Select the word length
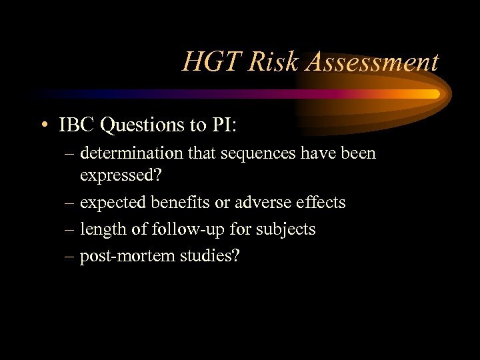point(99,229)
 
